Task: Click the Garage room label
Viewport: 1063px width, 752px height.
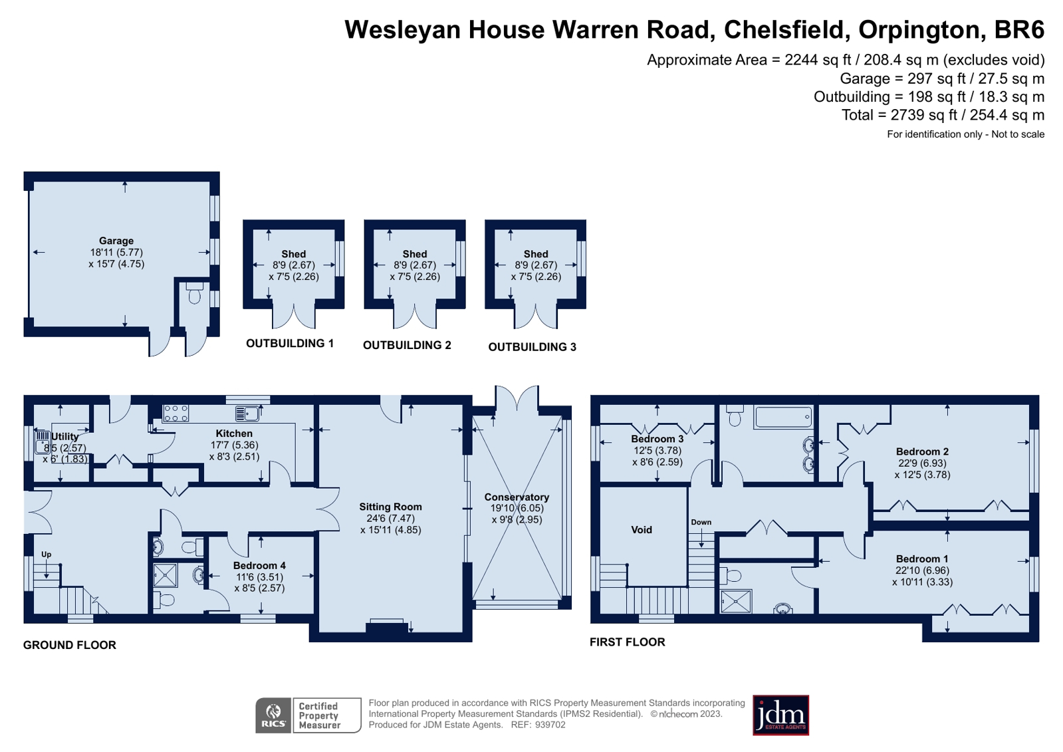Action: [116, 241]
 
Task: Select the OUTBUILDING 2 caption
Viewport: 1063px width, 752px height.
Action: [407, 345]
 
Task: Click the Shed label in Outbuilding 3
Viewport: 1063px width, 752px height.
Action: [536, 254]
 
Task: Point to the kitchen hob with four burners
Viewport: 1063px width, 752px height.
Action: [176, 413]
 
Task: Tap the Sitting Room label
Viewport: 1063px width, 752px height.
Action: [390, 507]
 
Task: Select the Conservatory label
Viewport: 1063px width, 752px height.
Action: [517, 497]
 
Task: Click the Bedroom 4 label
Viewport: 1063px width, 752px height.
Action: [259, 565]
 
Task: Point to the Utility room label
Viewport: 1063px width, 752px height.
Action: [65, 437]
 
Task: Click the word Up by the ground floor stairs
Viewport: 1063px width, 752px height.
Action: [47, 555]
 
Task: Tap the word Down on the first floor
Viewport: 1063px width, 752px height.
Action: [701, 522]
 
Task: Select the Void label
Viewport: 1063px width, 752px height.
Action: [642, 530]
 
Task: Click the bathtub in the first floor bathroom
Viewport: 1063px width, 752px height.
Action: [783, 418]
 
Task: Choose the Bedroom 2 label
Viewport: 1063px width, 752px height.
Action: [922, 451]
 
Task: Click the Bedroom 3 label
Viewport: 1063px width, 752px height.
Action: [657, 439]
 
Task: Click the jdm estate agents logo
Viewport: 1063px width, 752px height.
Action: [780, 715]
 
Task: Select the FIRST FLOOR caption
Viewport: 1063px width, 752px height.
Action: [627, 642]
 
